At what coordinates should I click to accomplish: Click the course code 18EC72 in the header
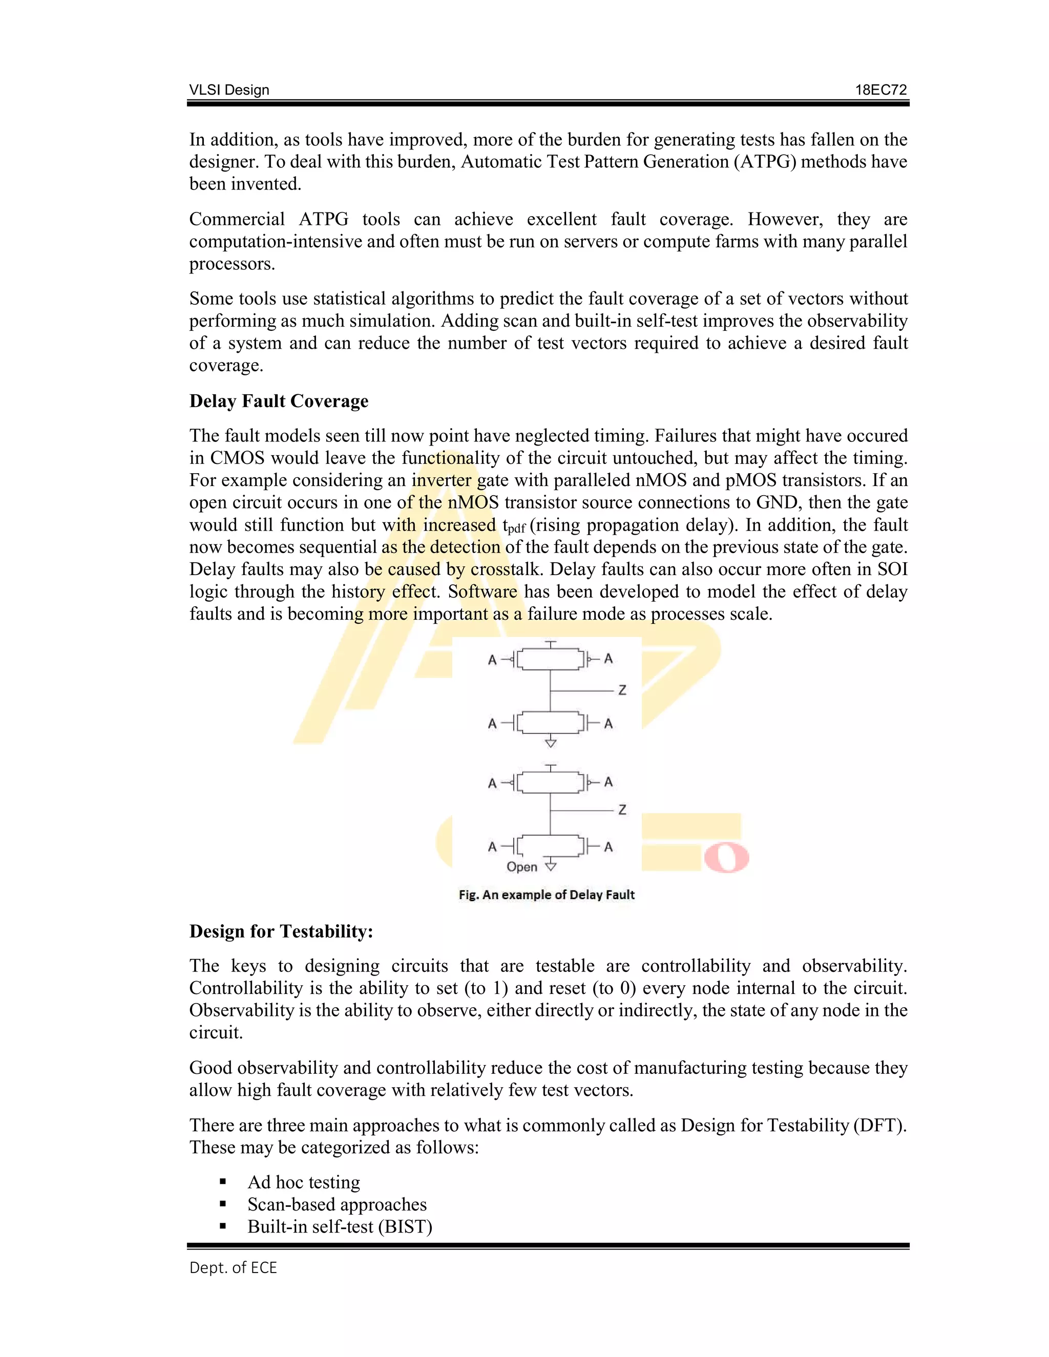click(x=880, y=90)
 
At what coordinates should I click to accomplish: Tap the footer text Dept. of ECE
click(x=233, y=1267)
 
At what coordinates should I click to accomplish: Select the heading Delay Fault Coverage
click(x=279, y=401)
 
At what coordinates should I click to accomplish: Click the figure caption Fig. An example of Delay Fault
click(x=546, y=895)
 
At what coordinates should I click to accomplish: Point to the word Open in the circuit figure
click(x=521, y=867)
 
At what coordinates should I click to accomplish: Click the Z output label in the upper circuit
click(x=622, y=690)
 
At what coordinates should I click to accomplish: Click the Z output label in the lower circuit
click(x=622, y=810)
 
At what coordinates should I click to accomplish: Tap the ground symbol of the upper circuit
click(x=551, y=743)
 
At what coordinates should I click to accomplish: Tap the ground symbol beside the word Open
click(x=551, y=866)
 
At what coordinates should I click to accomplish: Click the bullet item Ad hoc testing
click(x=303, y=1182)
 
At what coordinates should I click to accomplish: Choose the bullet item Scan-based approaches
click(x=337, y=1204)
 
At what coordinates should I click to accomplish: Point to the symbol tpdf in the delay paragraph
click(x=514, y=526)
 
